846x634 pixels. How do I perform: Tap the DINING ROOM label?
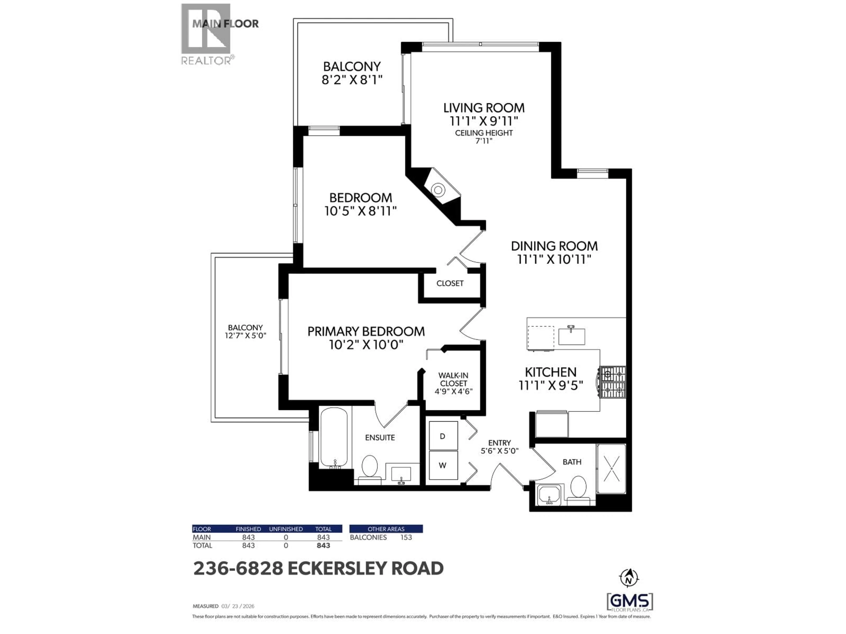coord(554,246)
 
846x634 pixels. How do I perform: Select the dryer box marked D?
coord(443,436)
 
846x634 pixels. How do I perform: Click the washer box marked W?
coord(443,465)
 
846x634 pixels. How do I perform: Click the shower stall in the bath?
coord(611,468)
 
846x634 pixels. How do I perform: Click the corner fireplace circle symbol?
coord(438,190)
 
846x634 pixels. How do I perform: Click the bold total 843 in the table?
coord(323,546)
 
